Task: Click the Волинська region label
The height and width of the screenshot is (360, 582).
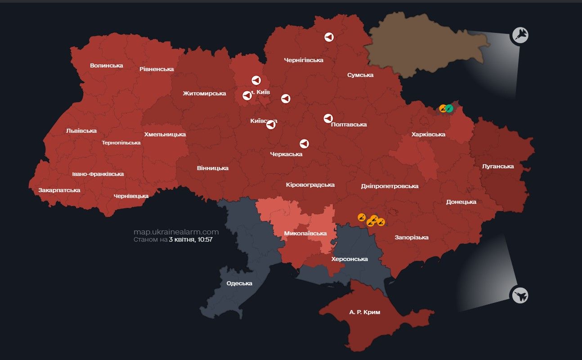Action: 106,65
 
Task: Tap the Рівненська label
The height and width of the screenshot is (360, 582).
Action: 157,69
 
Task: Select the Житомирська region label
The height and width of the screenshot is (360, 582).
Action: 204,93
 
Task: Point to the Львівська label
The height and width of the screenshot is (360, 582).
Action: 81,130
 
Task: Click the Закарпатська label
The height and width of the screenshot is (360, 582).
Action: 59,190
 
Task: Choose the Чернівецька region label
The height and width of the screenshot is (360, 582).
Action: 131,196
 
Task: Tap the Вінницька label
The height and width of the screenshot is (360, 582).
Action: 212,168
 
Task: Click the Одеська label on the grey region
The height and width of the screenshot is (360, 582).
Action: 239,283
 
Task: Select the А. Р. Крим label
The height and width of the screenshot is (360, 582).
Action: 364,312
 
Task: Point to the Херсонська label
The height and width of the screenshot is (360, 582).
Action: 349,259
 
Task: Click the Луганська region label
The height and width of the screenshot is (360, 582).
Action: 497,166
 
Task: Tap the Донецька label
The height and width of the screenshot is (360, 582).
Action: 461,202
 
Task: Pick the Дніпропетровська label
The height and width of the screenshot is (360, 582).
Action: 389,186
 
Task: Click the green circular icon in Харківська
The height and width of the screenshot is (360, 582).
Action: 449,108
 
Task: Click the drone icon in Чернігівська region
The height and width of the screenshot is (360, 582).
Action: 329,37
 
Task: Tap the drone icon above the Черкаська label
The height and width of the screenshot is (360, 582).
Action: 304,144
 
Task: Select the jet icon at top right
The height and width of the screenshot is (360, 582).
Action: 520,35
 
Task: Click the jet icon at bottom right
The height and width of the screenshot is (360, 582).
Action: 520,296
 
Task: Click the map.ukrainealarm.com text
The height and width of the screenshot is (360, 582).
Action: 176,232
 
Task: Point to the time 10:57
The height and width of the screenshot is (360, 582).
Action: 204,239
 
